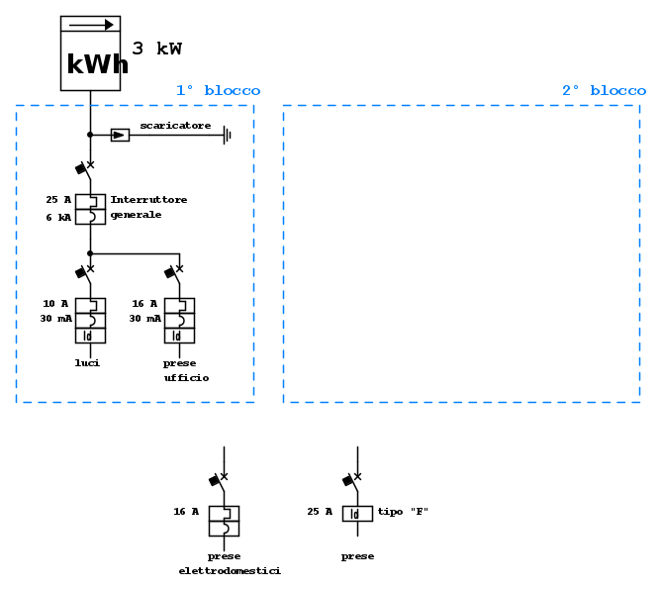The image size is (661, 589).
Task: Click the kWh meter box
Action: [90, 53]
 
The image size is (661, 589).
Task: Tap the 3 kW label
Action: [156, 49]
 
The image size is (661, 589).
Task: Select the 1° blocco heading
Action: [218, 90]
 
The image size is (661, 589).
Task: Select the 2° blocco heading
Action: [604, 90]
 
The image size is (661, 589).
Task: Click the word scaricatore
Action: [175, 125]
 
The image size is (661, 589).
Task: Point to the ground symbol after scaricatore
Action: [227, 134]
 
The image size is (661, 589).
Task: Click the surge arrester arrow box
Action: [120, 134]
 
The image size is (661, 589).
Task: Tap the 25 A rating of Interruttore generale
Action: [58, 200]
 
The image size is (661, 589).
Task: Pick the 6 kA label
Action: [58, 215]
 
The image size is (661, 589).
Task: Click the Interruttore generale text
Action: [148, 207]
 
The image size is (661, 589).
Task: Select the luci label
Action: [87, 363]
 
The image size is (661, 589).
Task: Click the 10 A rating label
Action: [55, 303]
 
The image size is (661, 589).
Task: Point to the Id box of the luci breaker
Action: [90, 336]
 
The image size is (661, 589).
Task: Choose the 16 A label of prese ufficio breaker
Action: [144, 303]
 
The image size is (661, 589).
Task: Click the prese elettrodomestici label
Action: [230, 564]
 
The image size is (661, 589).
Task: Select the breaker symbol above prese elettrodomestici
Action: [224, 521]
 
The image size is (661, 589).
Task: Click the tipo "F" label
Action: [403, 512]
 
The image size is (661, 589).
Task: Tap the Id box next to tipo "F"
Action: [357, 514]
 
